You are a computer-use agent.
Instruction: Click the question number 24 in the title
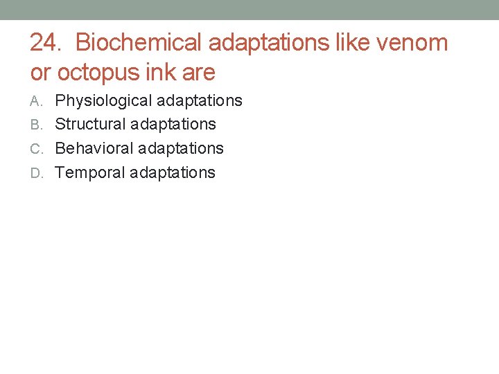pyautogui.click(x=45, y=43)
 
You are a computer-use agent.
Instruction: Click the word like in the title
pyautogui.click(x=353, y=43)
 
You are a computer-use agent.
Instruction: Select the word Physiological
pyautogui.click(x=103, y=101)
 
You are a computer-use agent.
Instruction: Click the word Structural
pyautogui.click(x=90, y=125)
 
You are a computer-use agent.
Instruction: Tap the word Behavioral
pyautogui.click(x=94, y=149)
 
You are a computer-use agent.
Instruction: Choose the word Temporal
pyautogui.click(x=89, y=173)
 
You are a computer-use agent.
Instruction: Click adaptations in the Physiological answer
pyautogui.click(x=200, y=101)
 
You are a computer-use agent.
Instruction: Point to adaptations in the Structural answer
pyautogui.click(x=173, y=125)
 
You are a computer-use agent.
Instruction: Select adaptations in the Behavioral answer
pyautogui.click(x=181, y=149)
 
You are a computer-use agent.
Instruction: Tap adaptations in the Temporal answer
pyautogui.click(x=173, y=173)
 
